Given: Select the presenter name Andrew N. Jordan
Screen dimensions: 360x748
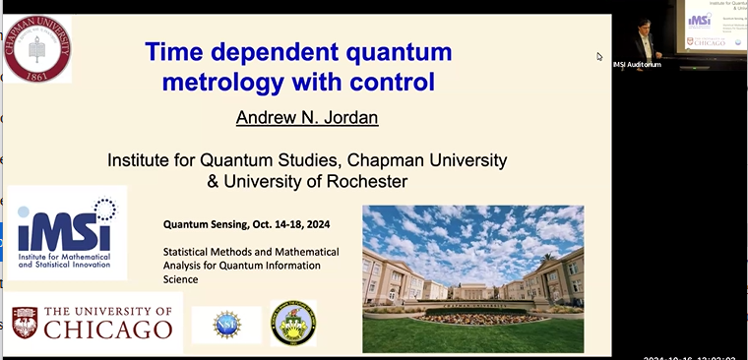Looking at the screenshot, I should (x=300, y=118).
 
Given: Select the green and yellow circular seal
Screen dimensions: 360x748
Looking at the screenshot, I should (x=292, y=324).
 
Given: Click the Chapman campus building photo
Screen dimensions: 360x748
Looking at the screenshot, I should (x=472, y=278).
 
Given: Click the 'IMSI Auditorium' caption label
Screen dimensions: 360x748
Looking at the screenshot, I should (x=636, y=65).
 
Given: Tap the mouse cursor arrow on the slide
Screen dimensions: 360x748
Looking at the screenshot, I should (x=599, y=57).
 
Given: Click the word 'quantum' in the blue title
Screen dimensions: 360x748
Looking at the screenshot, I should (x=394, y=51).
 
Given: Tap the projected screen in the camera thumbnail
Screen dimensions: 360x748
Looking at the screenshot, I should (x=713, y=30).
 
